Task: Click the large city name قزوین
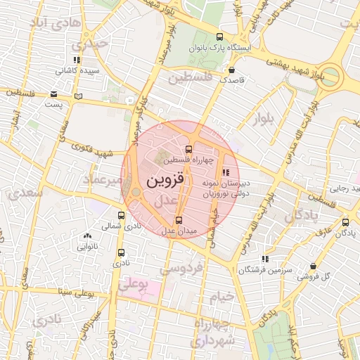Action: tap(166, 180)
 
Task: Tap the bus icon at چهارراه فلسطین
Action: tap(188, 150)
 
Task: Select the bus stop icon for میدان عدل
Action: tap(178, 221)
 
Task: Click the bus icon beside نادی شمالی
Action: tap(122, 216)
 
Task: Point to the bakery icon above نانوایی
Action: tap(86, 237)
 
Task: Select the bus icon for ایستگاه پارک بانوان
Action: tap(219, 37)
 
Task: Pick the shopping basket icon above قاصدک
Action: tap(232, 70)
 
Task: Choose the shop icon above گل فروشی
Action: tap(312, 266)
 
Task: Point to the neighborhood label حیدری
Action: tap(94, 44)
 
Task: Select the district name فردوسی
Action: tap(181, 268)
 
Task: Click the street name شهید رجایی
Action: tap(346, 188)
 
